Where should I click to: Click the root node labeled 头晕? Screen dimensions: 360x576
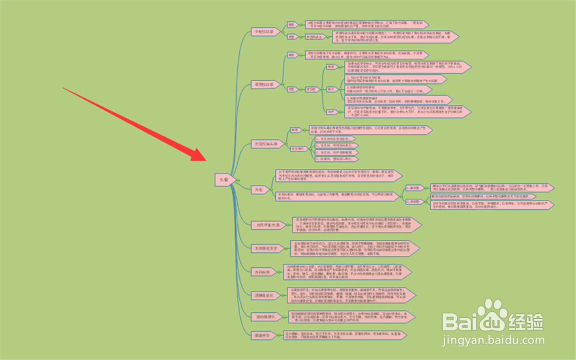tap(222, 180)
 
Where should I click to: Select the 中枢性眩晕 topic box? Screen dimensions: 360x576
tap(265, 32)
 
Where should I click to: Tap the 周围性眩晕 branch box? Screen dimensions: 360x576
tap(266, 84)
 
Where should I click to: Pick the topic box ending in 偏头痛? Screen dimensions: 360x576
tap(266, 143)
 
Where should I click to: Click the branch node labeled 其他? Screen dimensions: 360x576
tap(259, 188)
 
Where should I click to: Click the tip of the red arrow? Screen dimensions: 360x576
tap(206, 160)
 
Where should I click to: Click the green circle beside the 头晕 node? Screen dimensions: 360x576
tap(233, 180)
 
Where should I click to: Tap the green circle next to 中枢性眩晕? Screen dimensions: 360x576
tap(282, 32)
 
